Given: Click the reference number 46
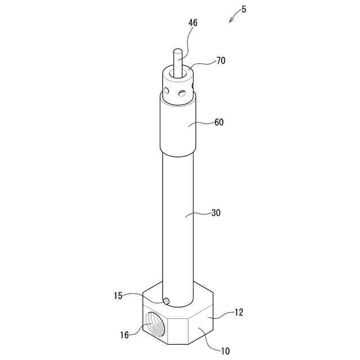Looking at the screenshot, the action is pyautogui.click(x=193, y=22).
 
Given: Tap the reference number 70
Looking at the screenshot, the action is pyautogui.click(x=221, y=61).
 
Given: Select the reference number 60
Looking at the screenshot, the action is pyautogui.click(x=219, y=122).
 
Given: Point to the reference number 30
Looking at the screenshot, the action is pyautogui.click(x=216, y=213).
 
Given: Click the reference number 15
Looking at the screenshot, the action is pyautogui.click(x=118, y=296).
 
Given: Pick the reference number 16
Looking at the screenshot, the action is pyautogui.click(x=124, y=335).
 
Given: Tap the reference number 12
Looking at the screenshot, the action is pyautogui.click(x=238, y=312).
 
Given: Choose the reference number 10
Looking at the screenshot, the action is pyautogui.click(x=225, y=351).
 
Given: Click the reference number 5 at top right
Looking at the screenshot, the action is pyautogui.click(x=244, y=10).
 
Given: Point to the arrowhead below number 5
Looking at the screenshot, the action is pyautogui.click(x=231, y=21).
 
